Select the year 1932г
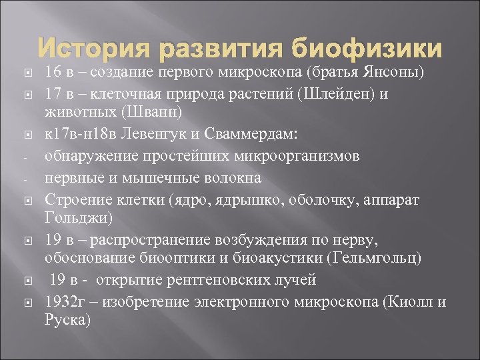point(63,301)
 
